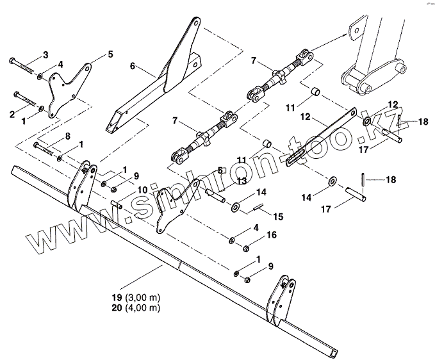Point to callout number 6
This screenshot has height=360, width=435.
tap(133, 66)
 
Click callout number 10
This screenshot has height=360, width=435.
tap(142, 190)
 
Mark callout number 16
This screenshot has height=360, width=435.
tap(272, 236)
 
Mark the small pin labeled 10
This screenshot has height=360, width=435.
tap(117, 204)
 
